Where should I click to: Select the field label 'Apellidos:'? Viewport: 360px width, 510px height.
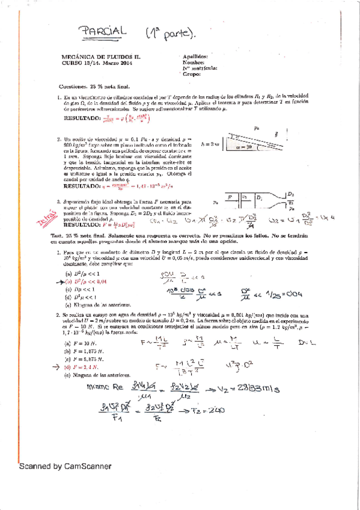195,55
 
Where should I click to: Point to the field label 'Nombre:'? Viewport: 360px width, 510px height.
192,62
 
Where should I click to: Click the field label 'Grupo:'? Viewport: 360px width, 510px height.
191,75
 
